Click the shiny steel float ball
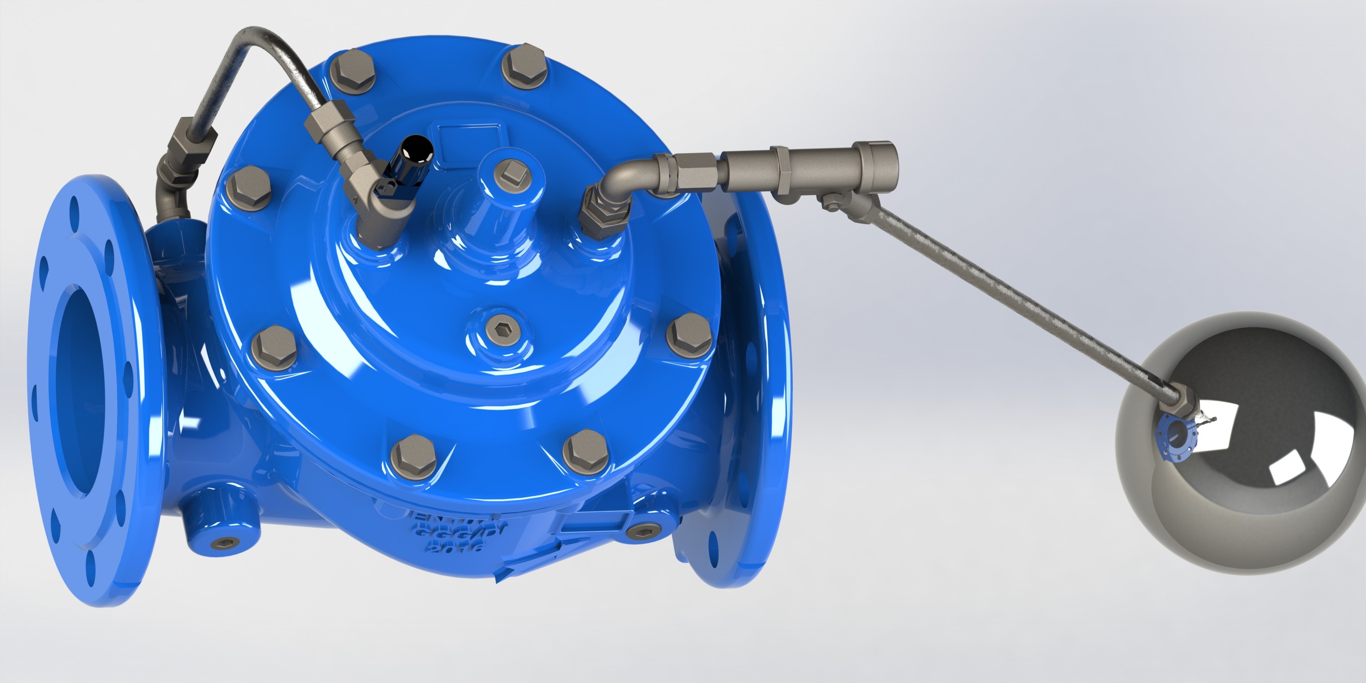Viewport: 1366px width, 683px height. click(1241, 451)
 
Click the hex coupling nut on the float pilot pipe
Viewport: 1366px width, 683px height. click(695, 170)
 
